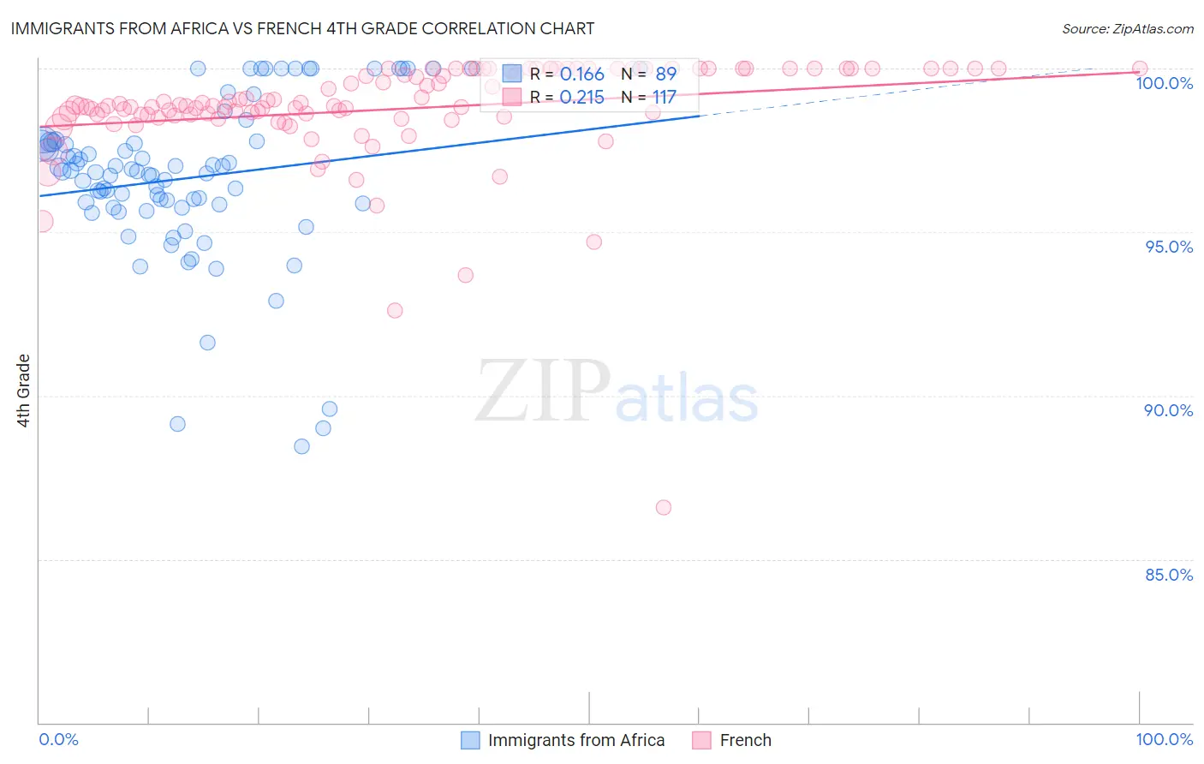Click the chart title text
(301, 28)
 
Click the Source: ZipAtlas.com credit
(1127, 28)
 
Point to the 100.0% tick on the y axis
(1164, 83)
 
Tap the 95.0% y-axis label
(1169, 247)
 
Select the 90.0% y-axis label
(1168, 410)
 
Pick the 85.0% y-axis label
(1168, 575)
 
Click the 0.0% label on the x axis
(58, 739)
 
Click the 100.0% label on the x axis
(1164, 739)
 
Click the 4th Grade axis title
(23, 391)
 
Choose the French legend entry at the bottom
(745, 740)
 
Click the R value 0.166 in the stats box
(581, 75)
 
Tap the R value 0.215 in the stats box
(581, 98)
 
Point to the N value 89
(665, 75)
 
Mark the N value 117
(664, 98)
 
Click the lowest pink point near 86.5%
(663, 507)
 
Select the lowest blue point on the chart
(301, 446)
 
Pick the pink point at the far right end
(1140, 69)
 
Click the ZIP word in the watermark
(543, 391)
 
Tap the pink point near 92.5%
(395, 310)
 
